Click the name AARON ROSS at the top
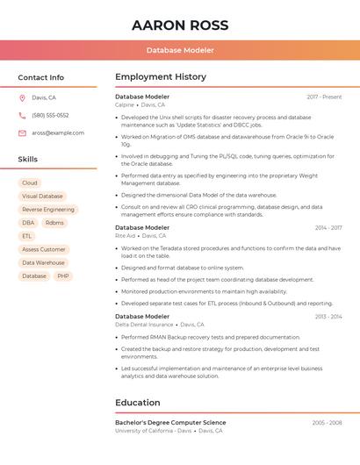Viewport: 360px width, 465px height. tap(180, 25)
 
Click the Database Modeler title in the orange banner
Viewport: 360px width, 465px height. tap(180, 51)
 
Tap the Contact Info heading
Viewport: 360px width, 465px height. tap(41, 77)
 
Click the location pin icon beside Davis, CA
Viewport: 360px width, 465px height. tap(22, 98)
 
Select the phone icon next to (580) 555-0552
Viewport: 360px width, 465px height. tap(22, 116)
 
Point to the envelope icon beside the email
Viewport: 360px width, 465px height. tap(22, 133)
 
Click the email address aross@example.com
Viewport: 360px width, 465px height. tap(58, 133)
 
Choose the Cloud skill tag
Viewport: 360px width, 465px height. tap(30, 183)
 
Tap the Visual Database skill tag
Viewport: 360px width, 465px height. tap(42, 197)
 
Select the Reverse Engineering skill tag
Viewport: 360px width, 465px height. tap(48, 210)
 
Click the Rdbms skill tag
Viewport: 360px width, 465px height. tap(54, 223)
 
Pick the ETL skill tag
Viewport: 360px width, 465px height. tap(27, 236)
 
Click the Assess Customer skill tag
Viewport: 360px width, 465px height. tap(44, 249)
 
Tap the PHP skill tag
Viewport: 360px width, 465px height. tap(63, 275)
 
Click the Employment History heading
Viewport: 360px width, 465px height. tap(161, 77)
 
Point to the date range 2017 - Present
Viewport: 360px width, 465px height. tap(324, 97)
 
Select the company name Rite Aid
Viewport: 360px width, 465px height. tap(126, 236)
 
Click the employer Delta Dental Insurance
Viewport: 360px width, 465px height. tap(144, 325)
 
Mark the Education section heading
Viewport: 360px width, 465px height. tap(138, 403)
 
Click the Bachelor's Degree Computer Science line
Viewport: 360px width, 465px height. tap(170, 423)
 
